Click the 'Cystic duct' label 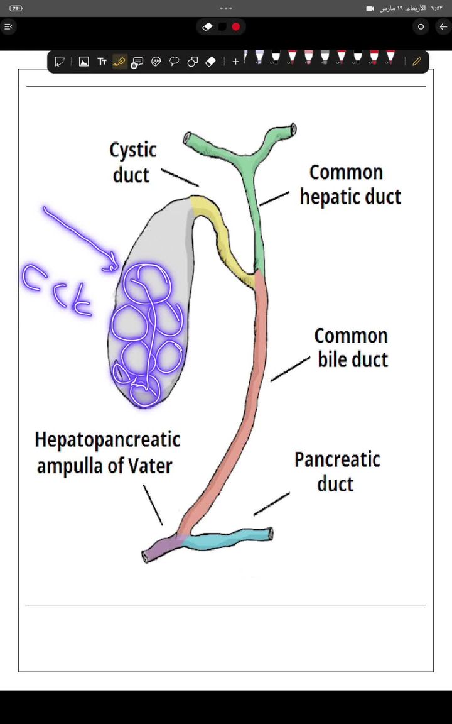(x=132, y=162)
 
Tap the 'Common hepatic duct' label (x=350, y=185)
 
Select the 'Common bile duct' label (x=352, y=348)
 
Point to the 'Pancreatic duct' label (x=337, y=471)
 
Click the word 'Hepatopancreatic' (x=107, y=439)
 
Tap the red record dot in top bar (x=236, y=27)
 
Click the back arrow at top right (x=443, y=27)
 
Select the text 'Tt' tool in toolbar (x=102, y=62)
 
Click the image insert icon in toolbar (x=83, y=62)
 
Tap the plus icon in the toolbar (x=235, y=62)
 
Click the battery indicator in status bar (x=16, y=8)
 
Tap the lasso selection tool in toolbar (x=175, y=62)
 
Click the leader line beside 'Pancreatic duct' (x=271, y=504)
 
